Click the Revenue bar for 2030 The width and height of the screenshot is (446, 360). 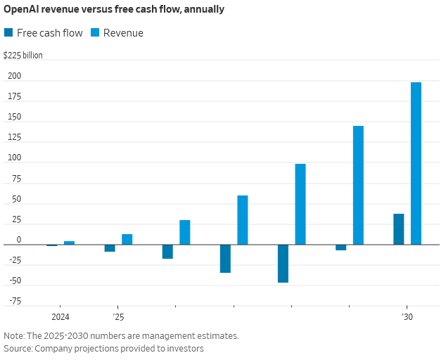(416, 163)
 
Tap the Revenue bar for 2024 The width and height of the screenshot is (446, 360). (69, 243)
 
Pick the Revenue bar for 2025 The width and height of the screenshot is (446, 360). (127, 239)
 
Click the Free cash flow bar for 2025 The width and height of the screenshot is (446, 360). (110, 248)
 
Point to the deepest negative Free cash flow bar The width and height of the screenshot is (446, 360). (283, 264)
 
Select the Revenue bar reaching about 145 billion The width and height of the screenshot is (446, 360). (358, 185)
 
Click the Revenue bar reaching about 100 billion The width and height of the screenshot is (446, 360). (300, 204)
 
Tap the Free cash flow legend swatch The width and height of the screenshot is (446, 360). (8, 32)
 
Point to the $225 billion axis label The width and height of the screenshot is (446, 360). (23, 56)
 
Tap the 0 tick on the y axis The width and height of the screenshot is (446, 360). (19, 240)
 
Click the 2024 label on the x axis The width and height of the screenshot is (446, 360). (60, 317)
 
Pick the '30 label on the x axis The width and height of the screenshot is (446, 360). (407, 317)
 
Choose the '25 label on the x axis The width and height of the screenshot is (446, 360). (117, 317)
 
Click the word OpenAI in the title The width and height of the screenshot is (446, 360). (23, 11)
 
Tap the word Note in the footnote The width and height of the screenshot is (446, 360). (14, 335)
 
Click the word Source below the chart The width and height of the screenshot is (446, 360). (18, 348)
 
